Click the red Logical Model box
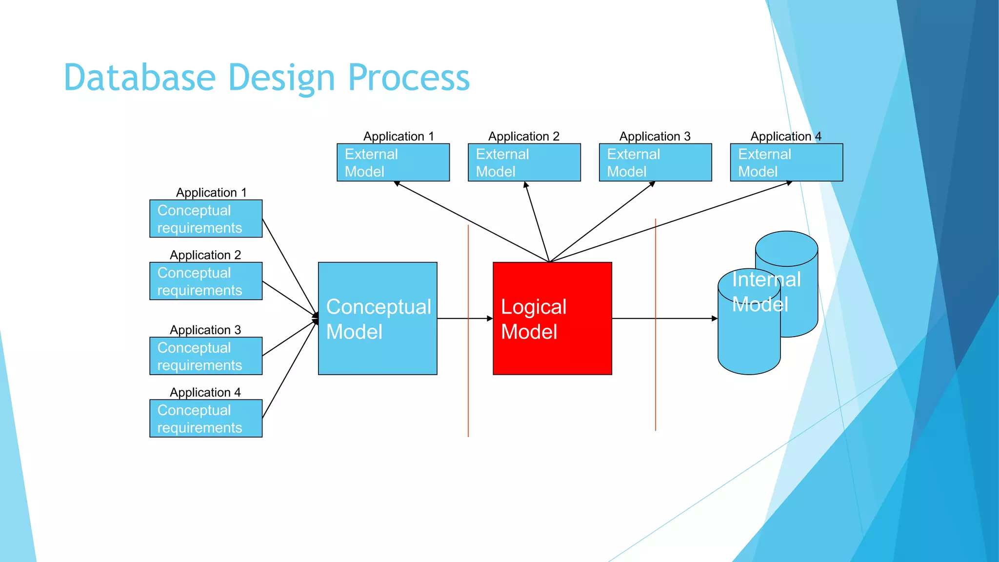coord(552,319)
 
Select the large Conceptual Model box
coord(378,319)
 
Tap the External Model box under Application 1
coord(393,162)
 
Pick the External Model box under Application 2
coord(524,162)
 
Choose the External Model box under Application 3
coord(655,162)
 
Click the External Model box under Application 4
coord(786,162)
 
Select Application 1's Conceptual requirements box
coord(206,219)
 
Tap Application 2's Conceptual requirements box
coord(206,281)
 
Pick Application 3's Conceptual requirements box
coord(206,356)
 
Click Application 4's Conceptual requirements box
coord(206,419)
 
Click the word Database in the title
coord(140,78)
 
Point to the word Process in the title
coord(409,78)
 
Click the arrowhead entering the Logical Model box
coord(490,319)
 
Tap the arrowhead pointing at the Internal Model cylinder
coord(714,319)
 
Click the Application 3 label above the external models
coord(655,136)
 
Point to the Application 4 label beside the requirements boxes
coord(205,392)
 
